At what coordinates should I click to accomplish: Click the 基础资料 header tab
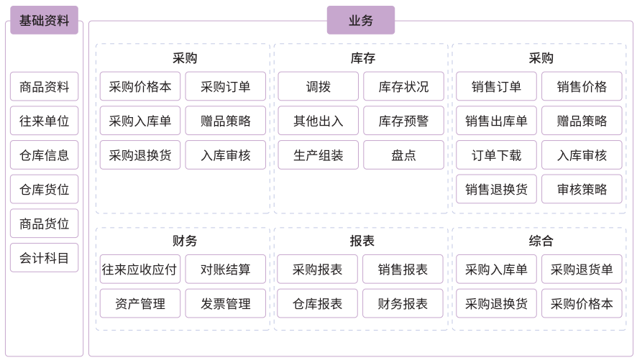pos(44,20)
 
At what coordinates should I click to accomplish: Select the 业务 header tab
pos(360,20)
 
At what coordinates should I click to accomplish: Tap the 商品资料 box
pos(44,87)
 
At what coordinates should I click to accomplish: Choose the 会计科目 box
pos(44,258)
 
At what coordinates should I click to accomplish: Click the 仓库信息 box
pos(44,155)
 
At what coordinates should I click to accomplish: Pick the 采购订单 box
pos(225,87)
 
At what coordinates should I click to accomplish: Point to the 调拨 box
pos(318,87)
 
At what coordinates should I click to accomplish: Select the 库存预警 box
pos(403,121)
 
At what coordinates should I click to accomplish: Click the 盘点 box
pos(403,155)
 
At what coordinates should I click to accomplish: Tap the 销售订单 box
pos(496,87)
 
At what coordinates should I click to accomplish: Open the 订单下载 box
pos(496,155)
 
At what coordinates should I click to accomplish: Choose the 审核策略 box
pos(582,190)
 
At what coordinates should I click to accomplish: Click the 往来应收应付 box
pos(139,269)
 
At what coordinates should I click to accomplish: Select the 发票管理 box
pos(225,303)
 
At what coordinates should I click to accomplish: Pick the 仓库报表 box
pos(317,303)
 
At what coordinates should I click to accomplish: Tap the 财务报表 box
pos(403,303)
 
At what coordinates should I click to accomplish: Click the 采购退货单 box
pos(582,269)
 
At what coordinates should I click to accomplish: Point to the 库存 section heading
pos(360,58)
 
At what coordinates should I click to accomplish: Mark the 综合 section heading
pos(540,241)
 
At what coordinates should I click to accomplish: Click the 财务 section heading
pos(184,241)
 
